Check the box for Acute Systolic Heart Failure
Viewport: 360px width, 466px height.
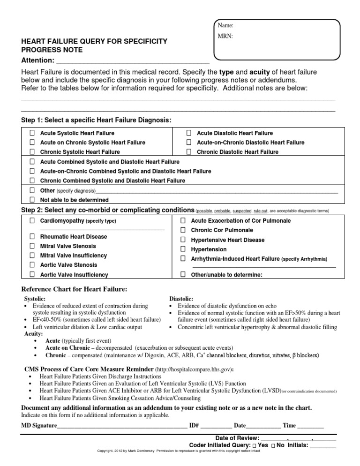click(x=32, y=133)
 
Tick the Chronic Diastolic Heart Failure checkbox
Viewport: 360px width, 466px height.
click(x=188, y=152)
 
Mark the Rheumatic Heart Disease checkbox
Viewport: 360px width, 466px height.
click(x=32, y=237)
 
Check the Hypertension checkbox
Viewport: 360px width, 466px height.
click(x=183, y=249)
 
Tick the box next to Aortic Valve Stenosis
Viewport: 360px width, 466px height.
click(x=32, y=265)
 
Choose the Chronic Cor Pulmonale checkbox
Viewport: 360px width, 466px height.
click(x=183, y=230)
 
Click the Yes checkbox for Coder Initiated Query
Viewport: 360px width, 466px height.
click(x=254, y=445)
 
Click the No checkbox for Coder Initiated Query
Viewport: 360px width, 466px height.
click(x=273, y=445)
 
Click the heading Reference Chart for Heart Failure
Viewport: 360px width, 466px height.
click(x=75, y=289)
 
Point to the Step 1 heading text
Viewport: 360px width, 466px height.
click(x=96, y=120)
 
